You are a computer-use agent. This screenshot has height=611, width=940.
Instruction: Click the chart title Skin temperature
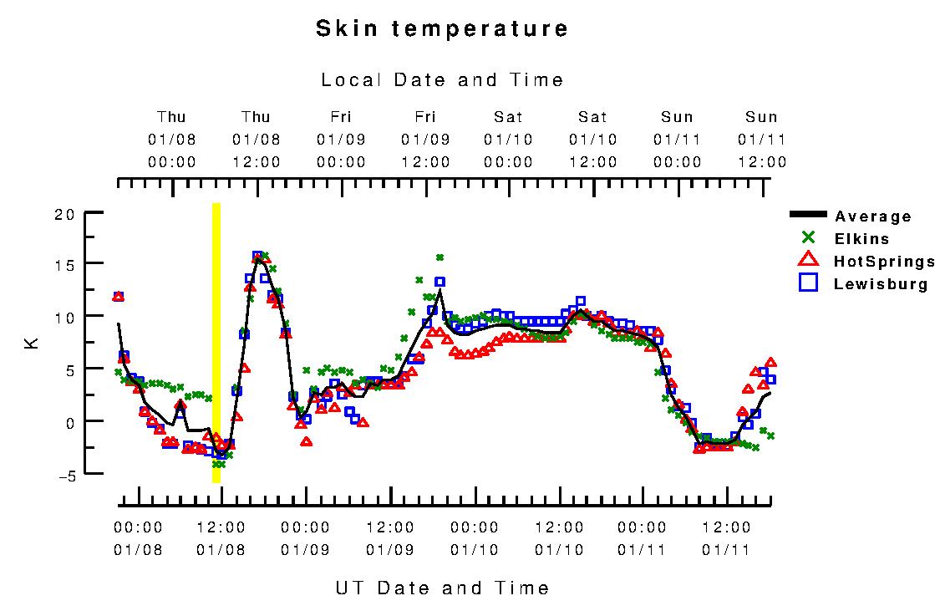click(x=442, y=29)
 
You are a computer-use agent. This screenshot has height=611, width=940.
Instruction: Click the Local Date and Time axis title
click(x=442, y=80)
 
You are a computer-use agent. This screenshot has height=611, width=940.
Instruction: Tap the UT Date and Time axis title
click(x=442, y=588)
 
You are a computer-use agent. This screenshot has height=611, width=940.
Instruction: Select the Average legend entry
click(x=872, y=216)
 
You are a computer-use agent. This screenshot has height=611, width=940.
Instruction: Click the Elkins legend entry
click(x=861, y=239)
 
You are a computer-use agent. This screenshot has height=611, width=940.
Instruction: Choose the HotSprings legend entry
click(x=883, y=262)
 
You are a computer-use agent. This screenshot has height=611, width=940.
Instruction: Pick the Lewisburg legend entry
click(x=880, y=284)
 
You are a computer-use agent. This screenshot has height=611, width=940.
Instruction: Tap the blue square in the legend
click(x=808, y=283)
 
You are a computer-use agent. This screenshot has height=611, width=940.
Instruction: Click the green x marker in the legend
click(x=808, y=238)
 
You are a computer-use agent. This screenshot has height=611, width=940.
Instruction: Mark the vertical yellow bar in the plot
click(x=216, y=343)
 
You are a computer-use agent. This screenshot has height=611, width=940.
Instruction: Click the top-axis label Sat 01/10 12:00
click(x=593, y=140)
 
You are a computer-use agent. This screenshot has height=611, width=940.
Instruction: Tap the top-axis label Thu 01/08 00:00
click(x=172, y=140)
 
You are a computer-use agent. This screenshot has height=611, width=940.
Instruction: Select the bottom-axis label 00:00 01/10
click(x=475, y=538)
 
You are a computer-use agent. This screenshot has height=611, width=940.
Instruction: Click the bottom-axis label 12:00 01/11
click(x=727, y=538)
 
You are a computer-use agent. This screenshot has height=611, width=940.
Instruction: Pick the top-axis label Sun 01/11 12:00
click(x=761, y=140)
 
